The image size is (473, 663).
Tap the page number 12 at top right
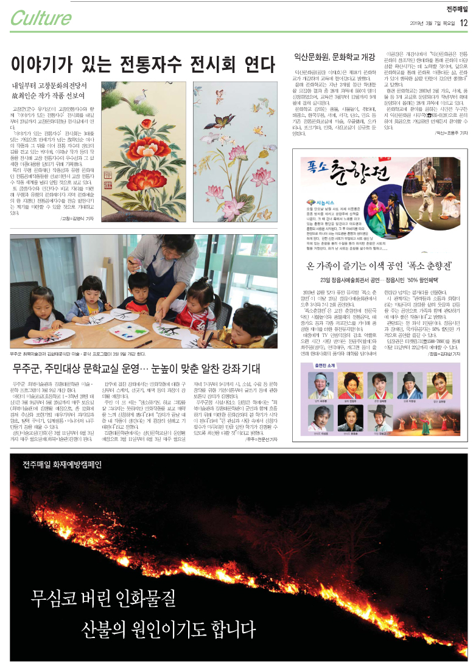(x=463, y=23)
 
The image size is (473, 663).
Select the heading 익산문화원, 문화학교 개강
(x=334, y=58)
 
